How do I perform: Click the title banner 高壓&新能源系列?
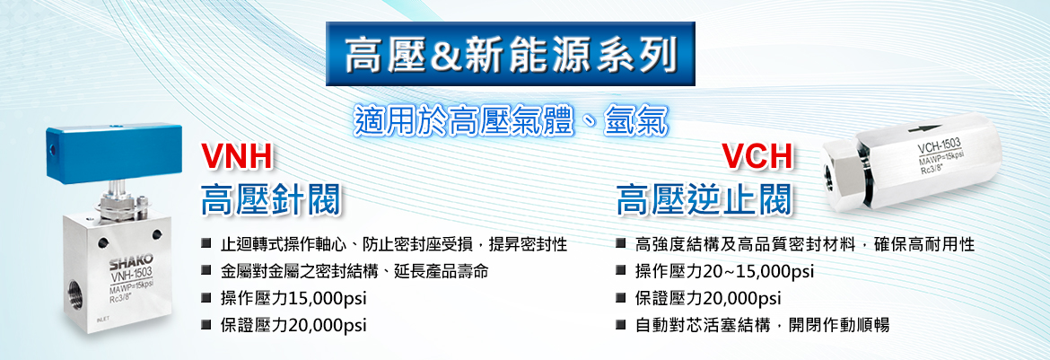511,54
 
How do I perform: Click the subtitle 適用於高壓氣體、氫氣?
510,122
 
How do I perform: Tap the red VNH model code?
239,157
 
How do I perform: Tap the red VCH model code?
757,157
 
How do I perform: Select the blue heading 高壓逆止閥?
705,199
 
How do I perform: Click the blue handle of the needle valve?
110,153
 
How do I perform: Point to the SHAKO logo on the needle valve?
131,260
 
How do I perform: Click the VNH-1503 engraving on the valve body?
131,272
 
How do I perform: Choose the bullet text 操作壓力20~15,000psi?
724,271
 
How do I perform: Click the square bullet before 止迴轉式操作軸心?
206,243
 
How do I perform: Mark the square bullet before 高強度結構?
621,243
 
